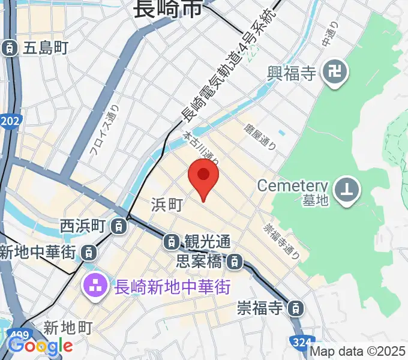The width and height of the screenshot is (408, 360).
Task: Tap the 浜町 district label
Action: [166, 205]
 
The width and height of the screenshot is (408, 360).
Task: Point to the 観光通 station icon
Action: [171, 242]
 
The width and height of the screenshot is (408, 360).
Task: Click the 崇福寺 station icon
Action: [295, 309]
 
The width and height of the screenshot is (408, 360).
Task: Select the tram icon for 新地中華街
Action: [88, 252]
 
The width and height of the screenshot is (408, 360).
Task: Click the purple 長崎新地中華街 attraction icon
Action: [95, 281]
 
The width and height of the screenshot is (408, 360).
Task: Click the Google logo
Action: [40, 346]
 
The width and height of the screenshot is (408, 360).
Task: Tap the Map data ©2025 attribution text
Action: [358, 352]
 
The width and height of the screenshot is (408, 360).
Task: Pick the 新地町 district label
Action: [68, 328]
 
